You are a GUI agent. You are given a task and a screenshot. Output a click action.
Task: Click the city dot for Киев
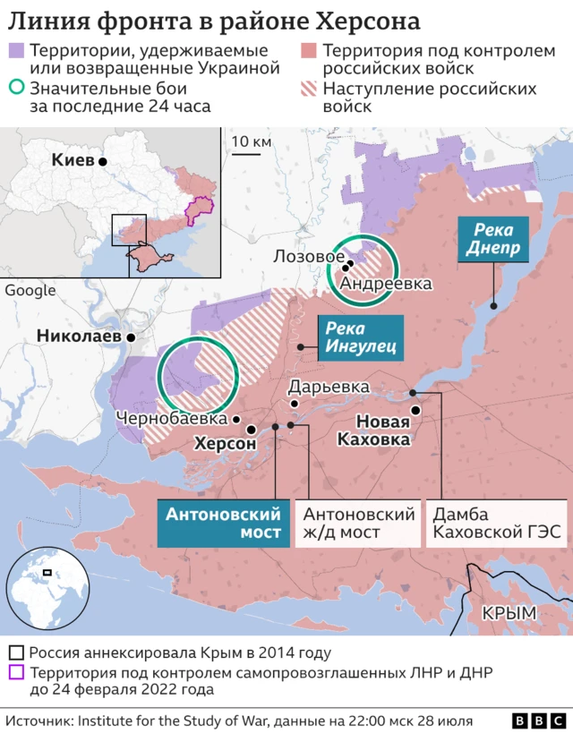[103, 161]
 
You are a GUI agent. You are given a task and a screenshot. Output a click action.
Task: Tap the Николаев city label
[79, 337]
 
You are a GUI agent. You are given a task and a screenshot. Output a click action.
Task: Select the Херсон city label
[226, 443]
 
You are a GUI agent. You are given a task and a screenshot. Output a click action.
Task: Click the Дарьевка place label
[329, 388]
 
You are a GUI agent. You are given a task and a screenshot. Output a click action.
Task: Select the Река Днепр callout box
[492, 239]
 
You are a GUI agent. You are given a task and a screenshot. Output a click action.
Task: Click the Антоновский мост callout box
[224, 524]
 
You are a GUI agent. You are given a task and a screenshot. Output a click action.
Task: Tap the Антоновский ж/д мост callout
[359, 524]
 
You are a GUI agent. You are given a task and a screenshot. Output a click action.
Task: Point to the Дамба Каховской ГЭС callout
[498, 524]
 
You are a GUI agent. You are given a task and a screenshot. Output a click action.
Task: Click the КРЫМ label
[509, 613]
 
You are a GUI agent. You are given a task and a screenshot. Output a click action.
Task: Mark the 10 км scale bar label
[251, 141]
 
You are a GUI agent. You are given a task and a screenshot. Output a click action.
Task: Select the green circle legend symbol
[15, 89]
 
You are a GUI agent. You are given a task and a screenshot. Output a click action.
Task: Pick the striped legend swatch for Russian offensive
[309, 89]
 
